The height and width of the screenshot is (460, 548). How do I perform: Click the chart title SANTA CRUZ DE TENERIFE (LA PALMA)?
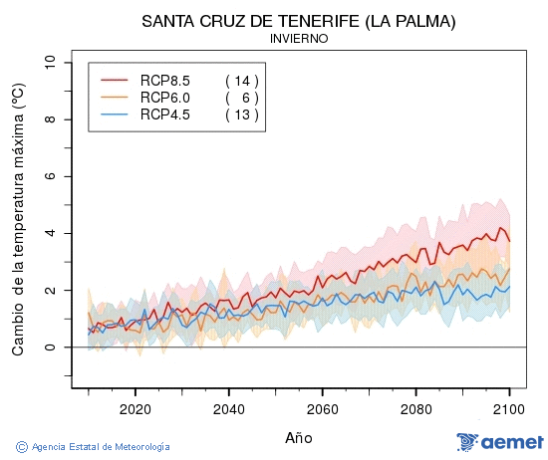tap(299, 21)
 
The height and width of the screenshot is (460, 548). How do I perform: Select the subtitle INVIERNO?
tap(299, 39)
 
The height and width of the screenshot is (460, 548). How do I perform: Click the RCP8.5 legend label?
tap(164, 80)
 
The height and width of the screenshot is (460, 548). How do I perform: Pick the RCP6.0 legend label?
tap(164, 98)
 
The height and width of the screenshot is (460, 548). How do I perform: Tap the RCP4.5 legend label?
tap(164, 115)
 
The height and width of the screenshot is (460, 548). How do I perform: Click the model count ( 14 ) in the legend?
tap(241, 80)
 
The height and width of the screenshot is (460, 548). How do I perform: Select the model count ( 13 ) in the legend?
tap(241, 115)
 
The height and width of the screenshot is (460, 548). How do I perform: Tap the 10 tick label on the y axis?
tap(51, 63)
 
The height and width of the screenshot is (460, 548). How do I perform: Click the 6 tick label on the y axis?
tap(51, 176)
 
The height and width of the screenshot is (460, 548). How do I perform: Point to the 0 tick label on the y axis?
tap(51, 347)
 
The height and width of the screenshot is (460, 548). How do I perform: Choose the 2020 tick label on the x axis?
tap(135, 409)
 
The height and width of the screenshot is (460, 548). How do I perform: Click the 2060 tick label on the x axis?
tap(322, 409)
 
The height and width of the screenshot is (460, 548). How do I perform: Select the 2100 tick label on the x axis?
tap(509, 409)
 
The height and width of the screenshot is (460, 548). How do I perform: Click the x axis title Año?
tap(299, 438)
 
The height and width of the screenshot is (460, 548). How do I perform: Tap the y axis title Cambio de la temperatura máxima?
tap(17, 219)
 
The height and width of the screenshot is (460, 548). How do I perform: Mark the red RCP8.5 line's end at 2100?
tap(509, 241)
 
